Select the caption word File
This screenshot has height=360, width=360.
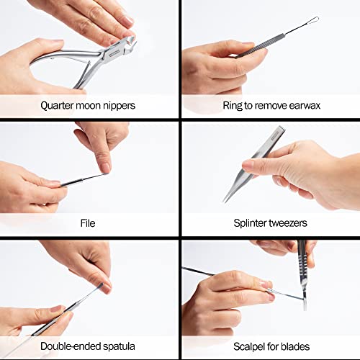(88, 223)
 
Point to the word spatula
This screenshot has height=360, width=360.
(119, 346)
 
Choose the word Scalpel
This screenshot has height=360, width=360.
(249, 347)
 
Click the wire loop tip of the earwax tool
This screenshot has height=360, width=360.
(313, 20)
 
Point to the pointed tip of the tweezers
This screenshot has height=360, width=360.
(225, 201)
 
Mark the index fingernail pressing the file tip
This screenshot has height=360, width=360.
(106, 168)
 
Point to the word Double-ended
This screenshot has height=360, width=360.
(71, 346)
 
